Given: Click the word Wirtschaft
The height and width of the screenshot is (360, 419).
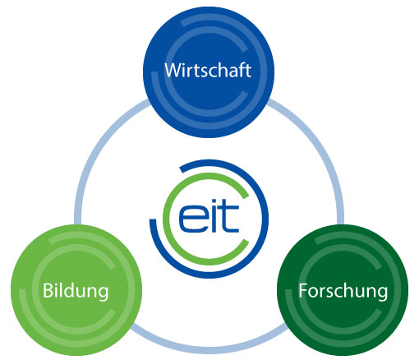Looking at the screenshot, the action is tap(208, 71).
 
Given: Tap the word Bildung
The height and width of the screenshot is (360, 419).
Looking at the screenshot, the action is tap(76, 292).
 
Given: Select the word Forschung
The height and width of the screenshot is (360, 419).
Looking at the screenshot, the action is tap(343, 292).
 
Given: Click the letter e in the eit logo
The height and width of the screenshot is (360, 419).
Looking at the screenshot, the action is tap(191, 219).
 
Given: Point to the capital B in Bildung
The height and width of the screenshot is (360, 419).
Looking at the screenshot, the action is tap(48, 290).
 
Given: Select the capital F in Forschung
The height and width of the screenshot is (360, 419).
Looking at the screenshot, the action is tap(302, 290).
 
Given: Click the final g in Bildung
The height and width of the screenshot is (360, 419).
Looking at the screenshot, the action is tap(104, 294).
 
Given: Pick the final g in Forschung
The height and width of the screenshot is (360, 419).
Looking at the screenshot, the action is tap(383, 294).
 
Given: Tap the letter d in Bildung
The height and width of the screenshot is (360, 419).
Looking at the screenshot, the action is tap(69, 290).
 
